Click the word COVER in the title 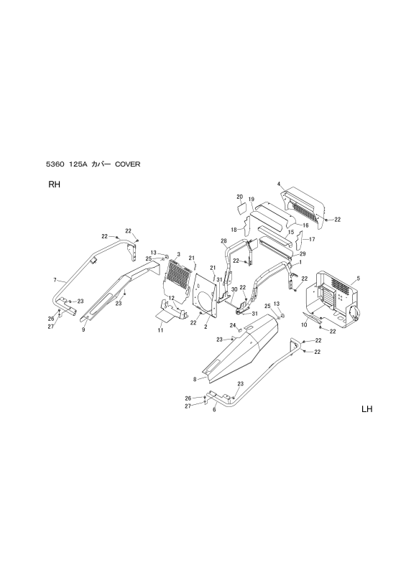pyautogui.click(x=127, y=164)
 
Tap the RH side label pyautogui.click(x=54, y=184)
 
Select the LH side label pyautogui.click(x=366, y=409)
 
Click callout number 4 pyautogui.click(x=279, y=184)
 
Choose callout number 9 pyautogui.click(x=83, y=330)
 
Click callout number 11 pyautogui.click(x=160, y=330)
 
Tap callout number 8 pyautogui.click(x=195, y=380)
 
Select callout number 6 pyautogui.click(x=214, y=410)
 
